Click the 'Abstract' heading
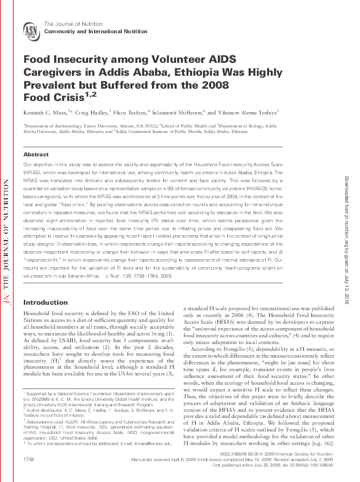[36, 154]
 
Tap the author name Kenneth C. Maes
[44, 113]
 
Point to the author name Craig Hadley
[94, 113]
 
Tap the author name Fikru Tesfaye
[133, 113]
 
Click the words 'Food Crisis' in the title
[52, 97]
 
